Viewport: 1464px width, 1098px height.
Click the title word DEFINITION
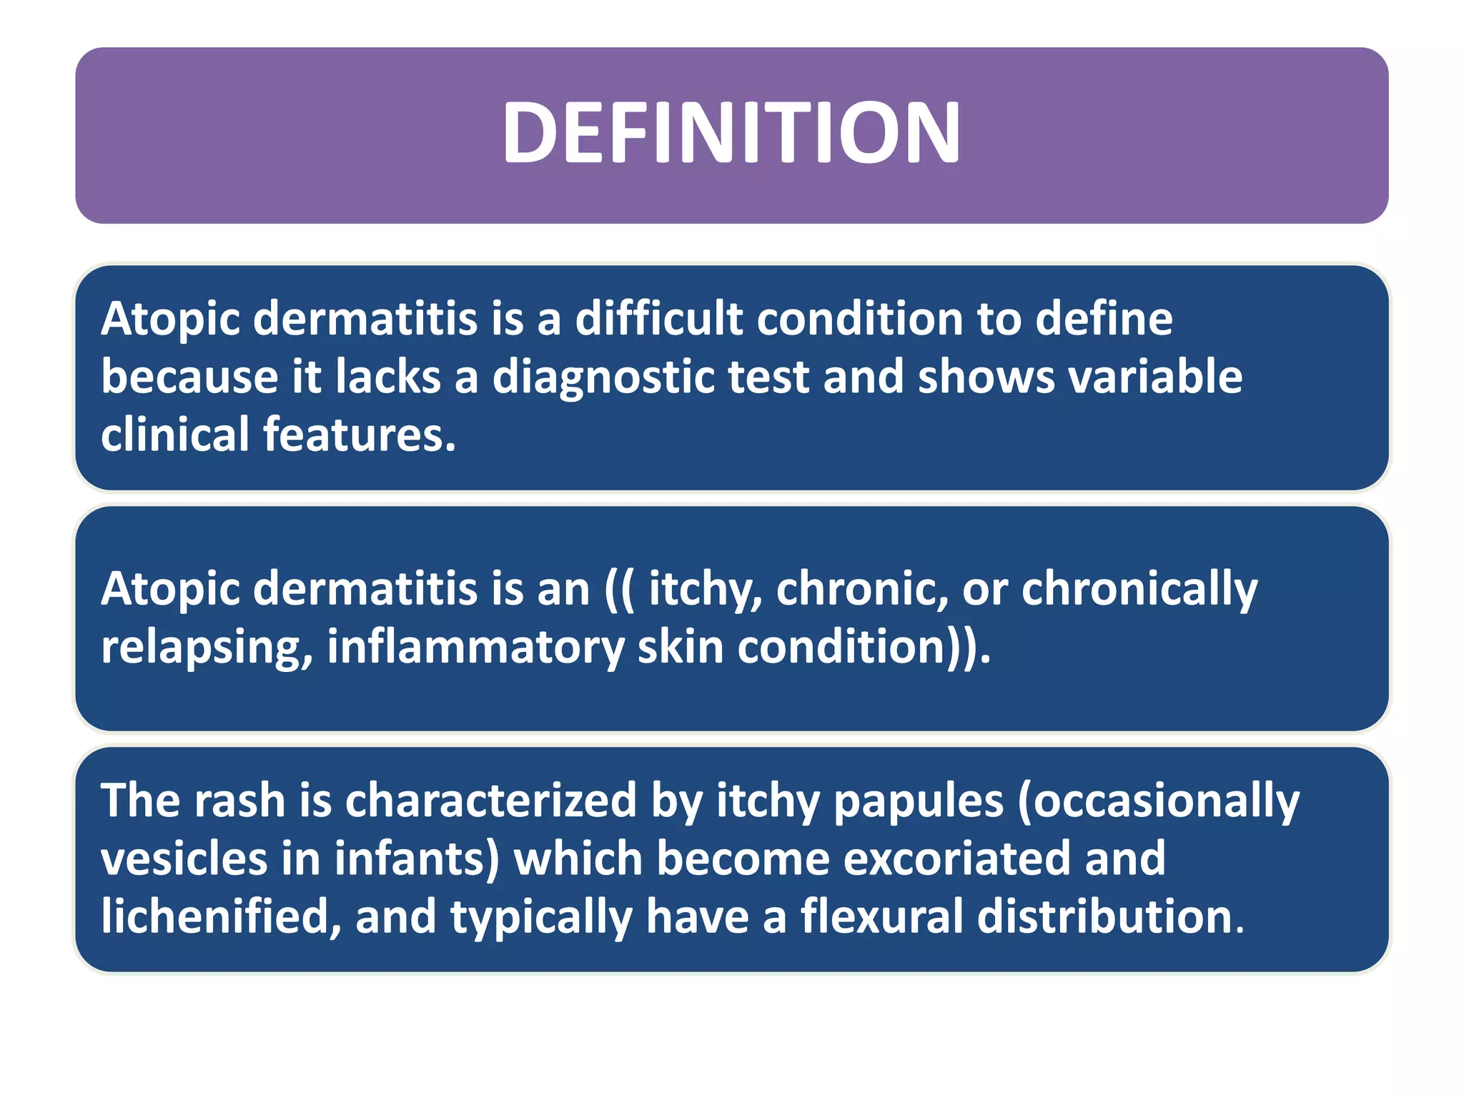731,133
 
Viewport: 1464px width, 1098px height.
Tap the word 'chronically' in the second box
1139,590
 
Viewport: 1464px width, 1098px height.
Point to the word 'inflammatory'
475,648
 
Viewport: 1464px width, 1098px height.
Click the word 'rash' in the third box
239,800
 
